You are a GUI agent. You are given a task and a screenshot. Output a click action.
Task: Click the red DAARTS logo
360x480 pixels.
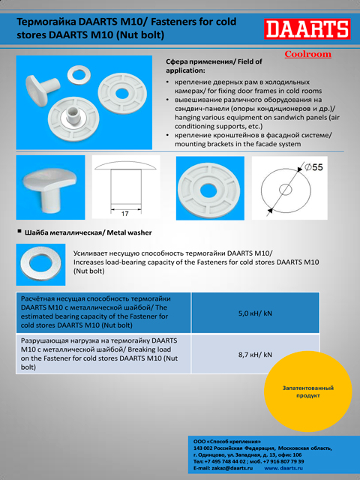point(307,29)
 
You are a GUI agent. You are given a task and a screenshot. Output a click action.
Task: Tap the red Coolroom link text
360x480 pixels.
point(307,54)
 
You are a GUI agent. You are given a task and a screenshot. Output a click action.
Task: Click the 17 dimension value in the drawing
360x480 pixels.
point(124,214)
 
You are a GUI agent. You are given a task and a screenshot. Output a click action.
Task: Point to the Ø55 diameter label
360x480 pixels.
point(313,167)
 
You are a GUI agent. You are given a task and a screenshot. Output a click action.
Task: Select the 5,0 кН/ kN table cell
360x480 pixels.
point(255,313)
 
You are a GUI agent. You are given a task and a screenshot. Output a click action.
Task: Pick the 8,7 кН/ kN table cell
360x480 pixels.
point(255,355)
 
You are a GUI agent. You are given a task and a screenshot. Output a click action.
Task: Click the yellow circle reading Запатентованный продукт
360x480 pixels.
point(308,391)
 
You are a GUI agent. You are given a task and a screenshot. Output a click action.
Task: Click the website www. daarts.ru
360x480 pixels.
point(283,468)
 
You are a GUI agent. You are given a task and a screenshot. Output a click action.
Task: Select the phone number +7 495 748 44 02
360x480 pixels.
point(225,462)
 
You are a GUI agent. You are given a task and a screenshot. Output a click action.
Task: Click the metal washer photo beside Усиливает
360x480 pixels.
point(40,265)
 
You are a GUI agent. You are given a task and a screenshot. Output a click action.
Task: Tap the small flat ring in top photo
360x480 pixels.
point(79,74)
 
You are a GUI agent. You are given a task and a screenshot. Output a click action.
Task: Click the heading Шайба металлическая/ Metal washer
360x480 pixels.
point(88,232)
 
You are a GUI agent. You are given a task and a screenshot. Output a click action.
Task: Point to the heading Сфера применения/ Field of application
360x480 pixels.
point(214,66)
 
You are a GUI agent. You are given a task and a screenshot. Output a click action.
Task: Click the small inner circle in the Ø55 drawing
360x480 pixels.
point(286,190)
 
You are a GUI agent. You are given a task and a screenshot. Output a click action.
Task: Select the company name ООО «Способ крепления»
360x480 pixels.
point(227,442)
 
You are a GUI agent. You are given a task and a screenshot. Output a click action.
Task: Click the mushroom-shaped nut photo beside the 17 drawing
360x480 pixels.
point(50,187)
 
